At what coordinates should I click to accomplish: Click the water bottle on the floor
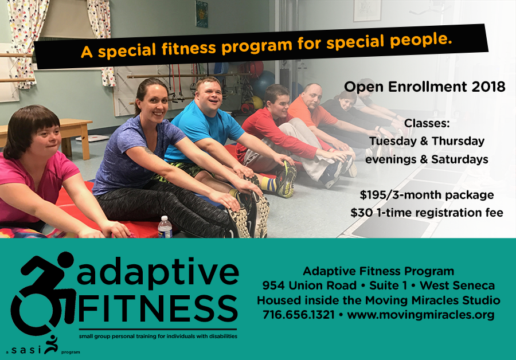click(165, 227)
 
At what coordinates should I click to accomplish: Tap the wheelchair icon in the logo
click(43, 293)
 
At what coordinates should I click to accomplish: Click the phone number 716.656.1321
click(299, 315)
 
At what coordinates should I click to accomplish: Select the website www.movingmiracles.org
click(421, 315)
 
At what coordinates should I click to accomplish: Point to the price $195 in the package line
click(372, 195)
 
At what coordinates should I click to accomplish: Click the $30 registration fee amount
click(362, 213)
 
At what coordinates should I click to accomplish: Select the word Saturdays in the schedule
click(460, 159)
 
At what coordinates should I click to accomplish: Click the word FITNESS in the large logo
click(158, 308)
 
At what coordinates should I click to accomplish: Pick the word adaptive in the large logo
click(158, 272)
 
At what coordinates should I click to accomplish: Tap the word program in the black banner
click(257, 46)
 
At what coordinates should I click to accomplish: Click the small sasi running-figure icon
click(51, 344)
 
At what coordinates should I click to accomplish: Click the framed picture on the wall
click(367, 10)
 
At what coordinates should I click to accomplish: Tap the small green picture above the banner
click(201, 14)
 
